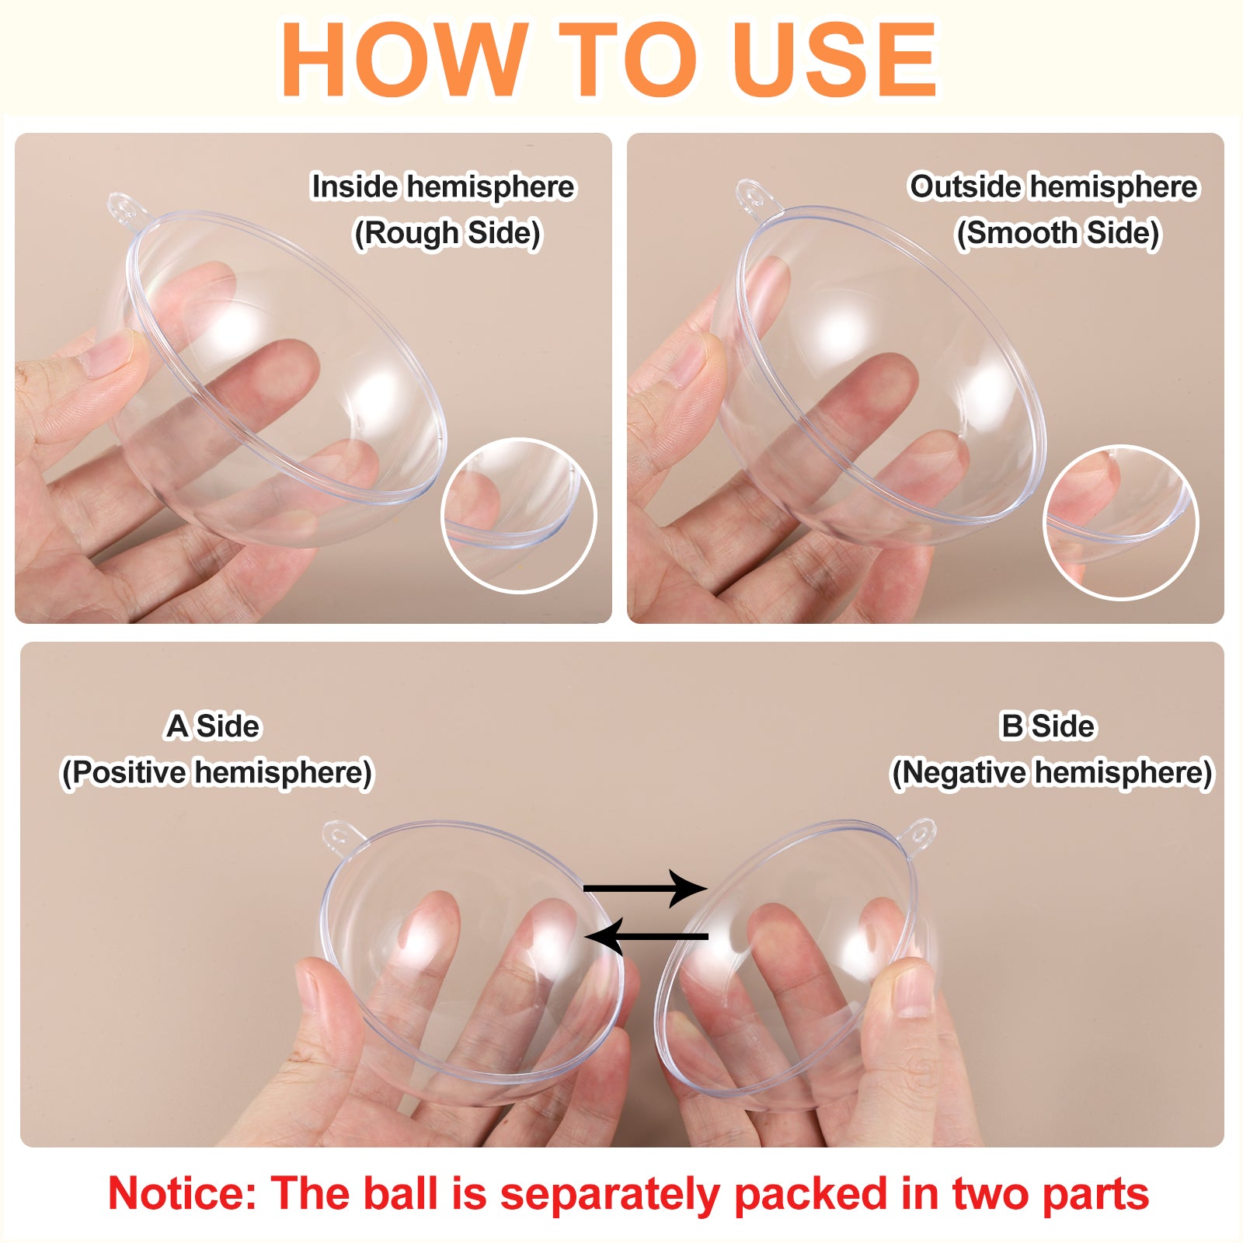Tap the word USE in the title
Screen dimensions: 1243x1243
[x=836, y=60]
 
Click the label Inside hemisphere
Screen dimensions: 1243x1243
[x=443, y=187]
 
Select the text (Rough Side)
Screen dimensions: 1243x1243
[x=447, y=233]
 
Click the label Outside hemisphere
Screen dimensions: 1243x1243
[x=1053, y=187]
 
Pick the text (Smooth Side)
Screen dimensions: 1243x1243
[x=1057, y=233]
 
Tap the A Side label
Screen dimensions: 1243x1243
[x=213, y=726]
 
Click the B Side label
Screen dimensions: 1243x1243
[x=1048, y=726]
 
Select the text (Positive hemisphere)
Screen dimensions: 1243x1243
[x=218, y=773]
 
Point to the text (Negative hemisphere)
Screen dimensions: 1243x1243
[x=1052, y=773]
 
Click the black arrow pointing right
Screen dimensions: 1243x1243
[x=645, y=889]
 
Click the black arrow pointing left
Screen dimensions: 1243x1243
[x=646, y=937]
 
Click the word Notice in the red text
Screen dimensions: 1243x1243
[x=182, y=1193]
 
